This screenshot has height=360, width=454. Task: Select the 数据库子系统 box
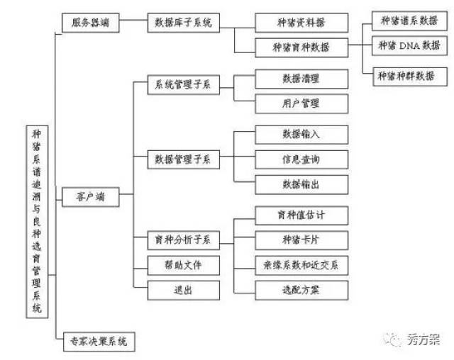click(x=183, y=22)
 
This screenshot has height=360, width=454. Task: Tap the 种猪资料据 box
click(x=301, y=22)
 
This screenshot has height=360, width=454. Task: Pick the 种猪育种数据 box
click(x=301, y=47)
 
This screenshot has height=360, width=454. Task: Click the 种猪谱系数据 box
click(x=408, y=19)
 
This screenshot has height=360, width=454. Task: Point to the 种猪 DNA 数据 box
click(x=408, y=46)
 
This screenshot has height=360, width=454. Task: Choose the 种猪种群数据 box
click(x=408, y=74)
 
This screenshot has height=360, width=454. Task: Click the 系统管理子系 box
click(x=183, y=86)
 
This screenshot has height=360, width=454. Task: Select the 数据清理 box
click(x=301, y=77)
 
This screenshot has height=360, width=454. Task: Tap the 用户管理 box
click(x=301, y=103)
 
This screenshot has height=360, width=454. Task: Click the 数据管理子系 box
click(x=183, y=159)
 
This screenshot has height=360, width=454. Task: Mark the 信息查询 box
click(x=301, y=158)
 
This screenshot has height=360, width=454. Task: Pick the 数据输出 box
click(x=301, y=184)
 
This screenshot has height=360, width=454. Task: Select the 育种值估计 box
click(x=301, y=213)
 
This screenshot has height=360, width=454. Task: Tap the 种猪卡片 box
click(x=301, y=239)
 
